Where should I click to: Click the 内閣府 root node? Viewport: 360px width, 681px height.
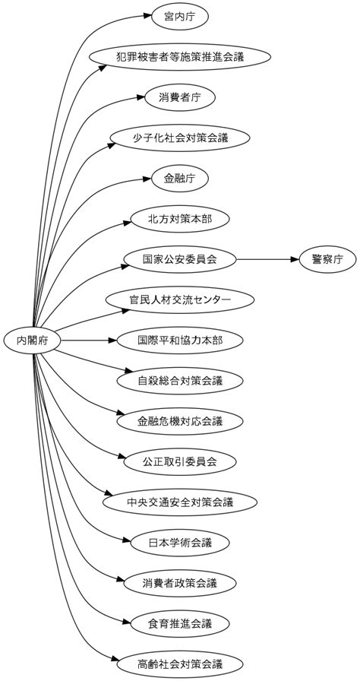tap(33, 340)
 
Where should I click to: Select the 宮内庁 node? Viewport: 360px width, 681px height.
tap(180, 15)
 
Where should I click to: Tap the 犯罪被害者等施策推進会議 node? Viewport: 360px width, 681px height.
tap(180, 56)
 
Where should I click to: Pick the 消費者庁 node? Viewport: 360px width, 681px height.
tap(180, 97)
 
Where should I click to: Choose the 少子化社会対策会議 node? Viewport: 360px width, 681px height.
tap(180, 138)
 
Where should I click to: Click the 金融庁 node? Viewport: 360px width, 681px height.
tap(180, 179)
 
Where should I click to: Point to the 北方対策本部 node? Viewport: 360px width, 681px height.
tap(180, 219)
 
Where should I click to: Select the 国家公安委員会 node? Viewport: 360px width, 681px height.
tap(180, 260)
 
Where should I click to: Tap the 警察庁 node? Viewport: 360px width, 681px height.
tap(327, 260)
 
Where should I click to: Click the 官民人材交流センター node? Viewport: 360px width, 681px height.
tap(180, 300)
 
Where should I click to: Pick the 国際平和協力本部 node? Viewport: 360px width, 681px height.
tap(180, 340)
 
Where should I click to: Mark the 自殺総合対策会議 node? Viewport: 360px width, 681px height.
tap(180, 380)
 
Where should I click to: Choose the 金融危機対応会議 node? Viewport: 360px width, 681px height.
tap(180, 420)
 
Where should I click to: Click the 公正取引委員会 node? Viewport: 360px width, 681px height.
tap(180, 461)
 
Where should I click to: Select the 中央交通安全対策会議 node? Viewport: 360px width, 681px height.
tap(180, 502)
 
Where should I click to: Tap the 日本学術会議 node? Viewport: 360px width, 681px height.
tap(180, 543)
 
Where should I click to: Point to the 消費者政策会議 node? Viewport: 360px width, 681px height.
tap(180, 584)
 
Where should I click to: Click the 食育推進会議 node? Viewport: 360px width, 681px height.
tap(180, 624)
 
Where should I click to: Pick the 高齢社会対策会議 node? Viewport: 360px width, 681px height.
tap(180, 664)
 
